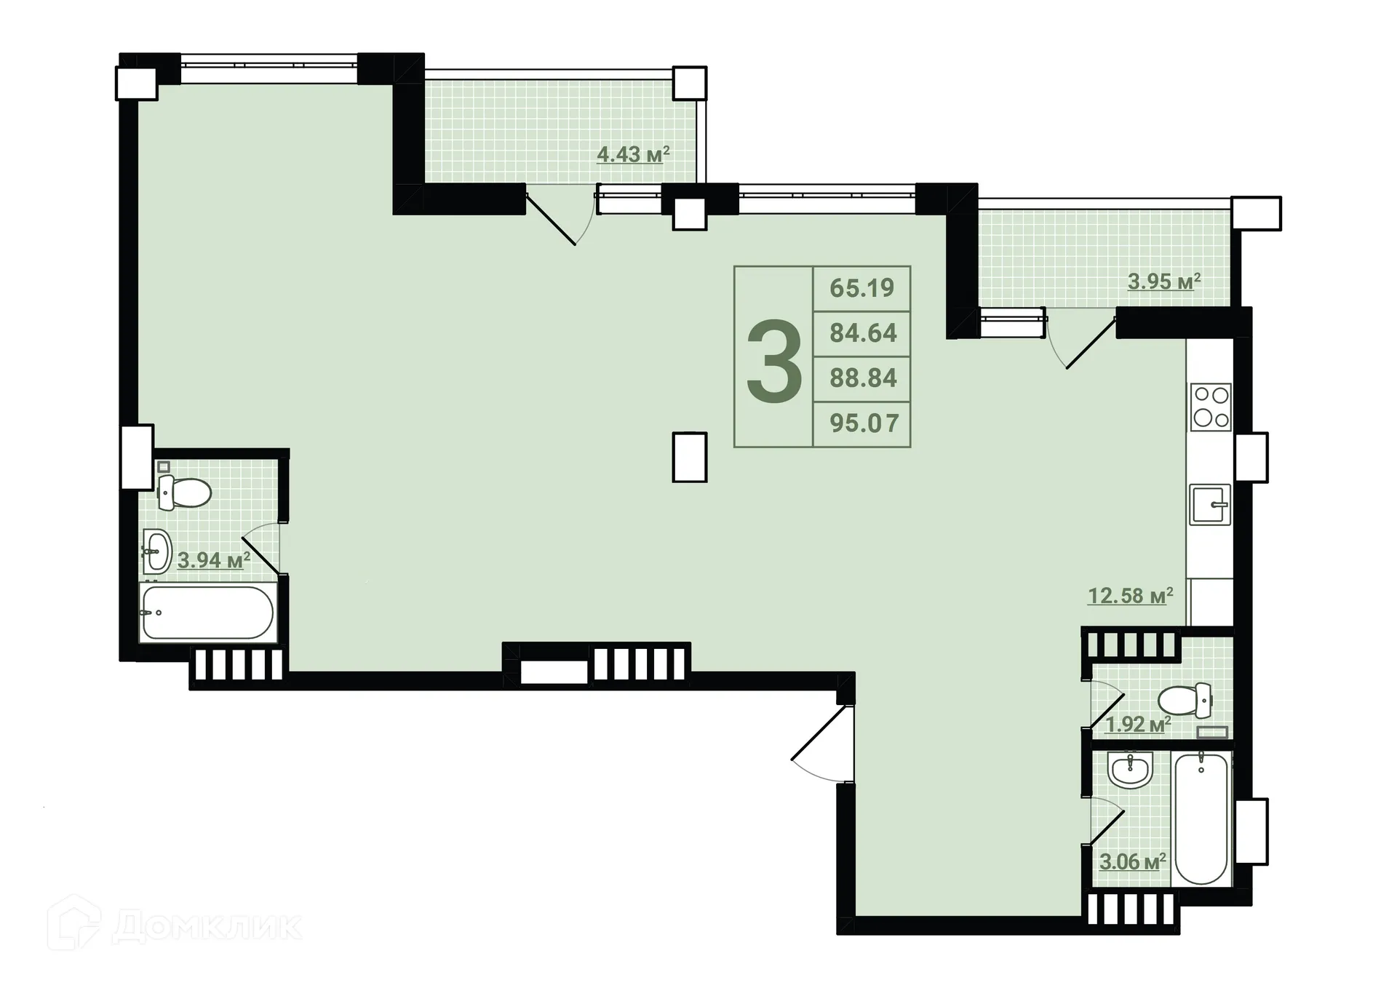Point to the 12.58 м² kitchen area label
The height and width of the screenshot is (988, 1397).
1130,596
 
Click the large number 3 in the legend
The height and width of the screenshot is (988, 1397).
774,362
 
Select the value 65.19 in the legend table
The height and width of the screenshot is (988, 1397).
861,288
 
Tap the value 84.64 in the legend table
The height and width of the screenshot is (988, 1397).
863,333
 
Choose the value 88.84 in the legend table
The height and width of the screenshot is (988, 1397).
863,378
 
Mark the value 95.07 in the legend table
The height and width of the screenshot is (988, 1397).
864,423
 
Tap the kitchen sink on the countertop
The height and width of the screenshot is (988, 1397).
1210,504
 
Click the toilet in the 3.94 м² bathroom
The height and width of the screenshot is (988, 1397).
185,493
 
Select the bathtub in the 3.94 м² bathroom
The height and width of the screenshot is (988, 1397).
208,613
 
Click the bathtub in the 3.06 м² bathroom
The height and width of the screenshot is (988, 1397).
1201,818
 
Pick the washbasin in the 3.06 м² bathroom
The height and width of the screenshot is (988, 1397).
1130,770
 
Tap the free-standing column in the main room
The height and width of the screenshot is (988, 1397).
689,457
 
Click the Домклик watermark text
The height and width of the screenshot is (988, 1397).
207,926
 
